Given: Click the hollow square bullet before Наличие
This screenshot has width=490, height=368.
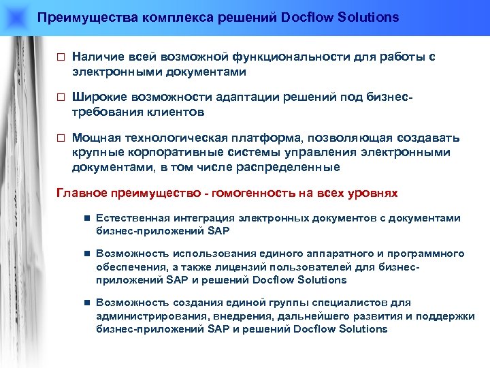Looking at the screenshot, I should point(59,59).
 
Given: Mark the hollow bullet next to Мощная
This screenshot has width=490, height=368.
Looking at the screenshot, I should point(59,138).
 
